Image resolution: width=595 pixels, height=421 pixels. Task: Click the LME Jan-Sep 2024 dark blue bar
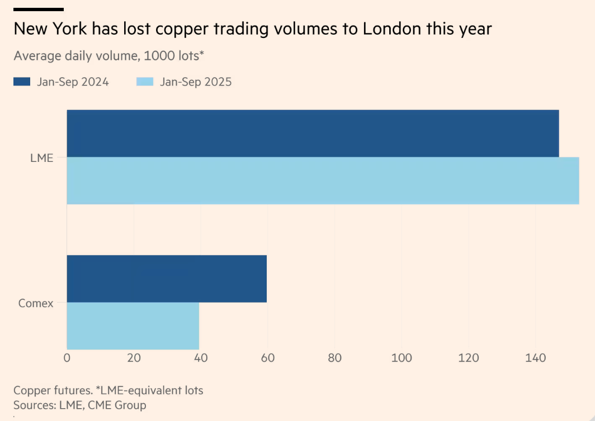click(313, 133)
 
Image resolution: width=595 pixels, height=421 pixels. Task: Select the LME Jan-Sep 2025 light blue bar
click(323, 180)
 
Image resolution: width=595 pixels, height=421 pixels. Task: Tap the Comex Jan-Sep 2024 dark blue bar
click(167, 279)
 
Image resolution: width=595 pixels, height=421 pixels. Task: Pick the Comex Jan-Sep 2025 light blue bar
click(133, 326)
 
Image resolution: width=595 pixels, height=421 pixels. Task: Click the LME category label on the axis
click(42, 157)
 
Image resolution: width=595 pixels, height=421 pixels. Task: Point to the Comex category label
click(36, 303)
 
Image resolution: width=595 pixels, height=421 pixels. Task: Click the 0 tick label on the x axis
click(67, 358)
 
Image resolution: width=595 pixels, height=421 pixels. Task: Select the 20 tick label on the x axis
click(134, 358)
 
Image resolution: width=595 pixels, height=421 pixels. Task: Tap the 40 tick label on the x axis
click(200, 358)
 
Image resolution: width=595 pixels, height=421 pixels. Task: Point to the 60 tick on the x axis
click(267, 358)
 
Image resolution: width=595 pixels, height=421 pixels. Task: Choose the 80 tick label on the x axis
click(334, 358)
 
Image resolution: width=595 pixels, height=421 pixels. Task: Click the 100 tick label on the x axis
click(402, 358)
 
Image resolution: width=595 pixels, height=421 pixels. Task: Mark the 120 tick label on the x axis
click(468, 358)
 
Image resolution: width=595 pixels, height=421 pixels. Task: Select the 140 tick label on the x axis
click(535, 358)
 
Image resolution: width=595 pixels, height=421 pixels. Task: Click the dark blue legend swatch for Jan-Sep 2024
click(22, 82)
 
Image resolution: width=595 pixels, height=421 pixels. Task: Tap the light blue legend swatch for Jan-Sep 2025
click(145, 82)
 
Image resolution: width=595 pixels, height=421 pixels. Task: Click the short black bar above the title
click(39, 9)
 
